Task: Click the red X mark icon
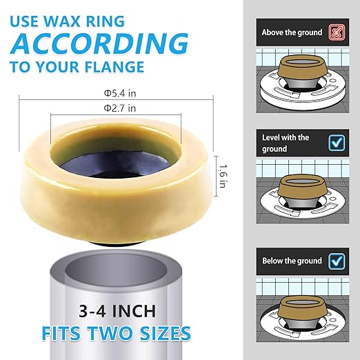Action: click(337, 32)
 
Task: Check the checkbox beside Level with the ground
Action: click(337, 142)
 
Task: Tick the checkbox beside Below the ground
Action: click(337, 261)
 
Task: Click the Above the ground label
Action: click(290, 32)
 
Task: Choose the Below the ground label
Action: click(291, 261)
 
